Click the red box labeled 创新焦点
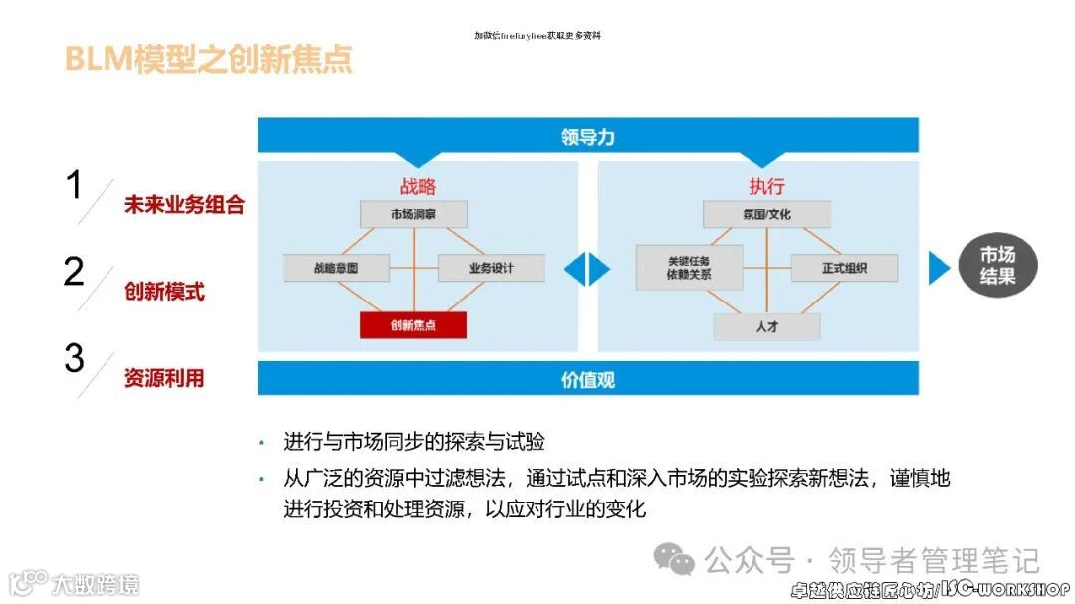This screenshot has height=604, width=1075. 413,325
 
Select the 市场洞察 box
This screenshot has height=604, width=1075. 413,214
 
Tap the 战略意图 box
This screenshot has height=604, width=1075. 335,268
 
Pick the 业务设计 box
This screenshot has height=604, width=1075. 491,268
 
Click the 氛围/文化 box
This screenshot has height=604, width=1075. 766,214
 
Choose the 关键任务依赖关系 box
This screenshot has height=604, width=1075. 689,267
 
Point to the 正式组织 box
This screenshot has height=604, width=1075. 844,268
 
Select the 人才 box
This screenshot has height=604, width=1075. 766,326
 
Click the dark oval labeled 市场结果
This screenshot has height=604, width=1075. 997,267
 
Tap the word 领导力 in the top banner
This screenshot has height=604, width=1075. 587,137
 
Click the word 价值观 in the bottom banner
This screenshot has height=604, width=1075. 587,380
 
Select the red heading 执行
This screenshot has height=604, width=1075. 766,186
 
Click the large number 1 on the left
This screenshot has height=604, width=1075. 73,186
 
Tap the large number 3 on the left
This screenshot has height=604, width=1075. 74,359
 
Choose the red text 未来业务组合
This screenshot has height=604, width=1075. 184,205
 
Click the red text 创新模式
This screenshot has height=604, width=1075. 164,292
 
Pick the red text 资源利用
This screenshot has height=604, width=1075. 164,378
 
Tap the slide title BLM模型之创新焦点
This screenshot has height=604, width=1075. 208,59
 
